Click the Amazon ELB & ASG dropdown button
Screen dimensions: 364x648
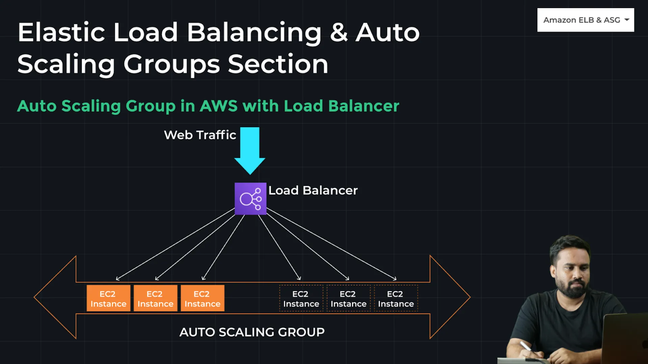click(x=586, y=20)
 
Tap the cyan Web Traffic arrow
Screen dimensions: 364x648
click(x=250, y=148)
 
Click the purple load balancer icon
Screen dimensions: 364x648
click(x=250, y=199)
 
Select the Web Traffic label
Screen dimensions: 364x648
click(x=200, y=135)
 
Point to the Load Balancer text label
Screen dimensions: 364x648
click(x=313, y=190)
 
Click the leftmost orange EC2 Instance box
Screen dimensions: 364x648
click(x=108, y=299)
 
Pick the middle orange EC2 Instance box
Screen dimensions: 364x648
click(x=155, y=299)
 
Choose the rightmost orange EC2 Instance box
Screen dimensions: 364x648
click(x=202, y=299)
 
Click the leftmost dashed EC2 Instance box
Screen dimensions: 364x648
click(x=301, y=299)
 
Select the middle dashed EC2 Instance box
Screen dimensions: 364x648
click(x=348, y=299)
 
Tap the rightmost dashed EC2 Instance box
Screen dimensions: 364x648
click(x=396, y=299)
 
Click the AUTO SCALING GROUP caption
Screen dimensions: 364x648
click(x=252, y=332)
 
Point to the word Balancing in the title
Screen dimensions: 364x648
click(x=254, y=33)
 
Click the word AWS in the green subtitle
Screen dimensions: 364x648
click(x=219, y=106)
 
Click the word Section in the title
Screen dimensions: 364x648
click(x=278, y=64)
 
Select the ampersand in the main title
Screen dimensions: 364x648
click(x=339, y=33)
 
